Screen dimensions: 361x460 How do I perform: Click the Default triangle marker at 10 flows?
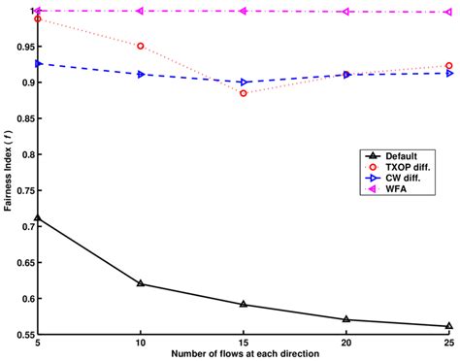[141, 283]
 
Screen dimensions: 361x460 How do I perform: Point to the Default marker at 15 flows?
[244, 304]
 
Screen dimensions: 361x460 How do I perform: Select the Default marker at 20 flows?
[346, 319]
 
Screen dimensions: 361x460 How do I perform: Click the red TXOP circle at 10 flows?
[141, 46]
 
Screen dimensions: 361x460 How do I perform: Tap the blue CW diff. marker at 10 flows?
[141, 74]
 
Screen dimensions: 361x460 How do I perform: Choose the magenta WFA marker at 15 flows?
[244, 11]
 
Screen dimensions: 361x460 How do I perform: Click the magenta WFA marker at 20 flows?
[346, 12]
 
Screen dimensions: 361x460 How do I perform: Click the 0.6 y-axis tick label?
[24, 298]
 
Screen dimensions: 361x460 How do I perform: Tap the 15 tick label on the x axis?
[244, 344]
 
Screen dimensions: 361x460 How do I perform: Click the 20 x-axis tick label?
[346, 344]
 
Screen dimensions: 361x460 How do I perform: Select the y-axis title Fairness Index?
[7, 175]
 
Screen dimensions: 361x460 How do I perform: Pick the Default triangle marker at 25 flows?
[449, 326]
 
